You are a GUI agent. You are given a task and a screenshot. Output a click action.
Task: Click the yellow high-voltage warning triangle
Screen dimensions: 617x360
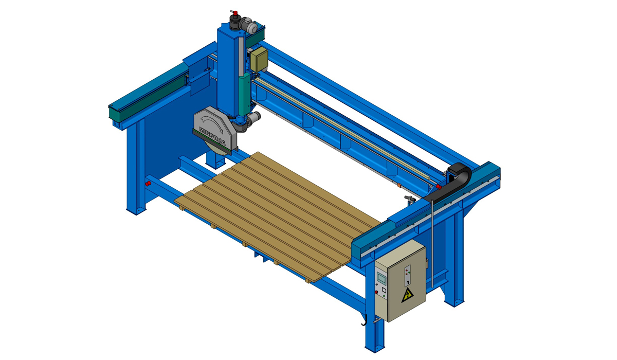coord(407,295)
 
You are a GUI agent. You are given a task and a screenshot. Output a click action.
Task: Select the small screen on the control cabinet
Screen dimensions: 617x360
coord(382,277)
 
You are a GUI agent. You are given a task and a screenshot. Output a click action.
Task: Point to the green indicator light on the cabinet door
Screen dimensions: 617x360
coord(409,273)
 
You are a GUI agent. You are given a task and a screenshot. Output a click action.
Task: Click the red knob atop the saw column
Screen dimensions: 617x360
coord(235,13)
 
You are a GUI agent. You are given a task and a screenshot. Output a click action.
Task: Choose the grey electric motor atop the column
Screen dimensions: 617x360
coord(248,25)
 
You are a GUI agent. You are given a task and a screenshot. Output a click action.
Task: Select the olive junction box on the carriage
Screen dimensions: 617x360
coord(259,59)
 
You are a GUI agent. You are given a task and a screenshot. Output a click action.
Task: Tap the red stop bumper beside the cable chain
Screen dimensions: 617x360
coord(439,187)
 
